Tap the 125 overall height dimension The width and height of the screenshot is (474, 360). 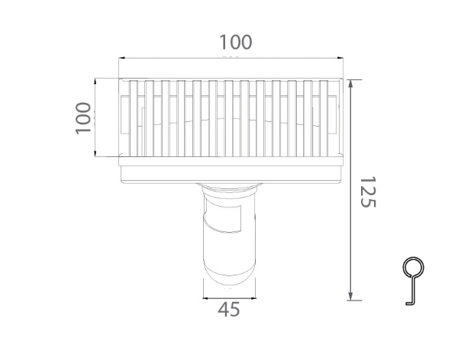pyautogui.click(x=368, y=192)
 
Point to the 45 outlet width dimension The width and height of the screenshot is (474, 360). pyautogui.click(x=229, y=309)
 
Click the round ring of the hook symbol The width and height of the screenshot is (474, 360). pyautogui.click(x=412, y=268)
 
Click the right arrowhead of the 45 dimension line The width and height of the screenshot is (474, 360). pyautogui.click(x=253, y=297)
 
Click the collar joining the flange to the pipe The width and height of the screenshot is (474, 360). pyautogui.click(x=229, y=188)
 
